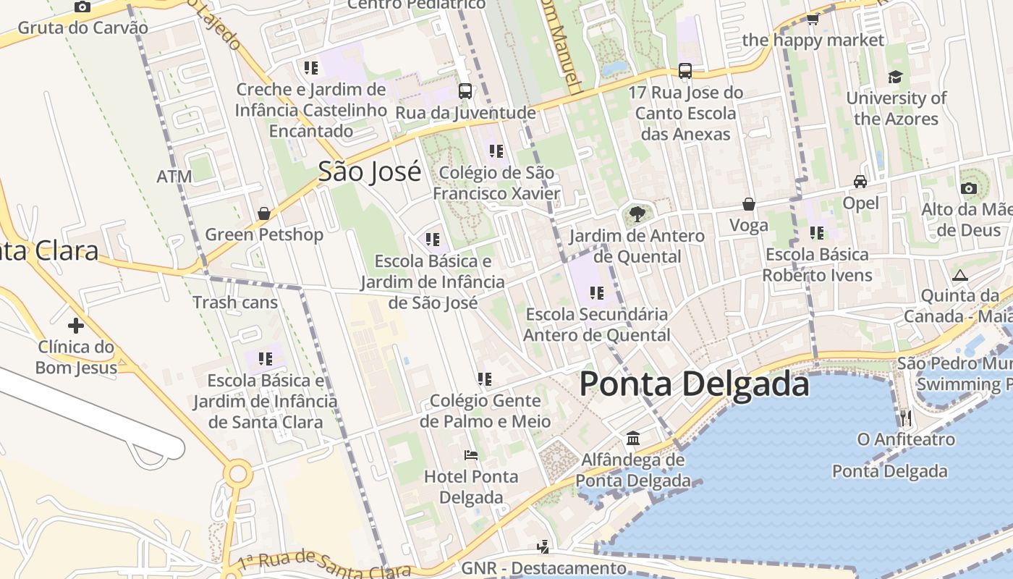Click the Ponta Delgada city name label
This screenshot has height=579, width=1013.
pos(693,384)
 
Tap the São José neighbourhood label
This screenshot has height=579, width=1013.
pos(369,172)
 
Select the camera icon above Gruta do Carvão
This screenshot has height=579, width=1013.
pos(82,7)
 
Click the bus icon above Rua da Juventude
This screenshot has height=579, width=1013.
pos(465,91)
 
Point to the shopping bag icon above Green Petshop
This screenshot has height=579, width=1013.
pos(264,214)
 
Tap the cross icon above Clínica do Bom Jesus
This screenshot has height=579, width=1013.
pos(76,325)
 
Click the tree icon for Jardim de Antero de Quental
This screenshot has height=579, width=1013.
pos(637,214)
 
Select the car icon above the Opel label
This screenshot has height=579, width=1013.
pos(860,182)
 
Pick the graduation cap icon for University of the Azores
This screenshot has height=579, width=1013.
pos(896,77)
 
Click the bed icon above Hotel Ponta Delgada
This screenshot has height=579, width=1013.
pos(471,455)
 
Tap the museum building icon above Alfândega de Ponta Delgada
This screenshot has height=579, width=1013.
pos(633,439)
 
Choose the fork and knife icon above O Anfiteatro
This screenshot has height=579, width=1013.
pos(905,418)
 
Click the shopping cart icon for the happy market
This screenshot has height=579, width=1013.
pos(813,20)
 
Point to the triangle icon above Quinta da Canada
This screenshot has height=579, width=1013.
pos(959,275)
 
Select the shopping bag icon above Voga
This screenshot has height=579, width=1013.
pos(749,204)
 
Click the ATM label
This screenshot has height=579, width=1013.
pos(174,177)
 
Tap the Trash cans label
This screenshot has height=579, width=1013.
pos(235,302)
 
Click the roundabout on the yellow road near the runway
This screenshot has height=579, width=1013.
pos(237,475)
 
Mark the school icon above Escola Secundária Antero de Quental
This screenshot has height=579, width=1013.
pos(597,293)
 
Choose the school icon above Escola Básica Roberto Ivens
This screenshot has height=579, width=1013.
pos(817,233)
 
